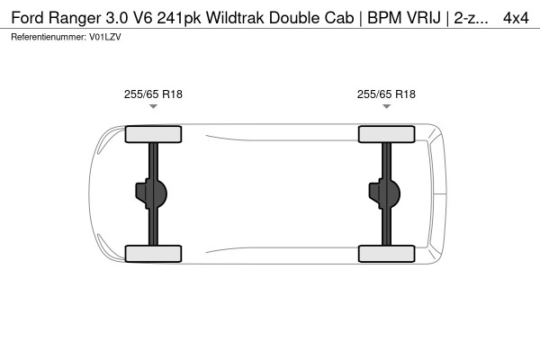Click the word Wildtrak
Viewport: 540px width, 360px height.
pos(237,16)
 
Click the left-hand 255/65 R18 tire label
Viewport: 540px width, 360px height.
pos(153,93)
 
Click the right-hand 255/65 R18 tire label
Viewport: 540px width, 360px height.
pos(386,93)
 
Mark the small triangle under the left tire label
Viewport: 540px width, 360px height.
pos(153,107)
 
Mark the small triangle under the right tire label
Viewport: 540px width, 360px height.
pos(386,107)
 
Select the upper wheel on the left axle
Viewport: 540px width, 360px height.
pos(153,135)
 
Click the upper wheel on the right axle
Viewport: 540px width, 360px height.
pos(386,135)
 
